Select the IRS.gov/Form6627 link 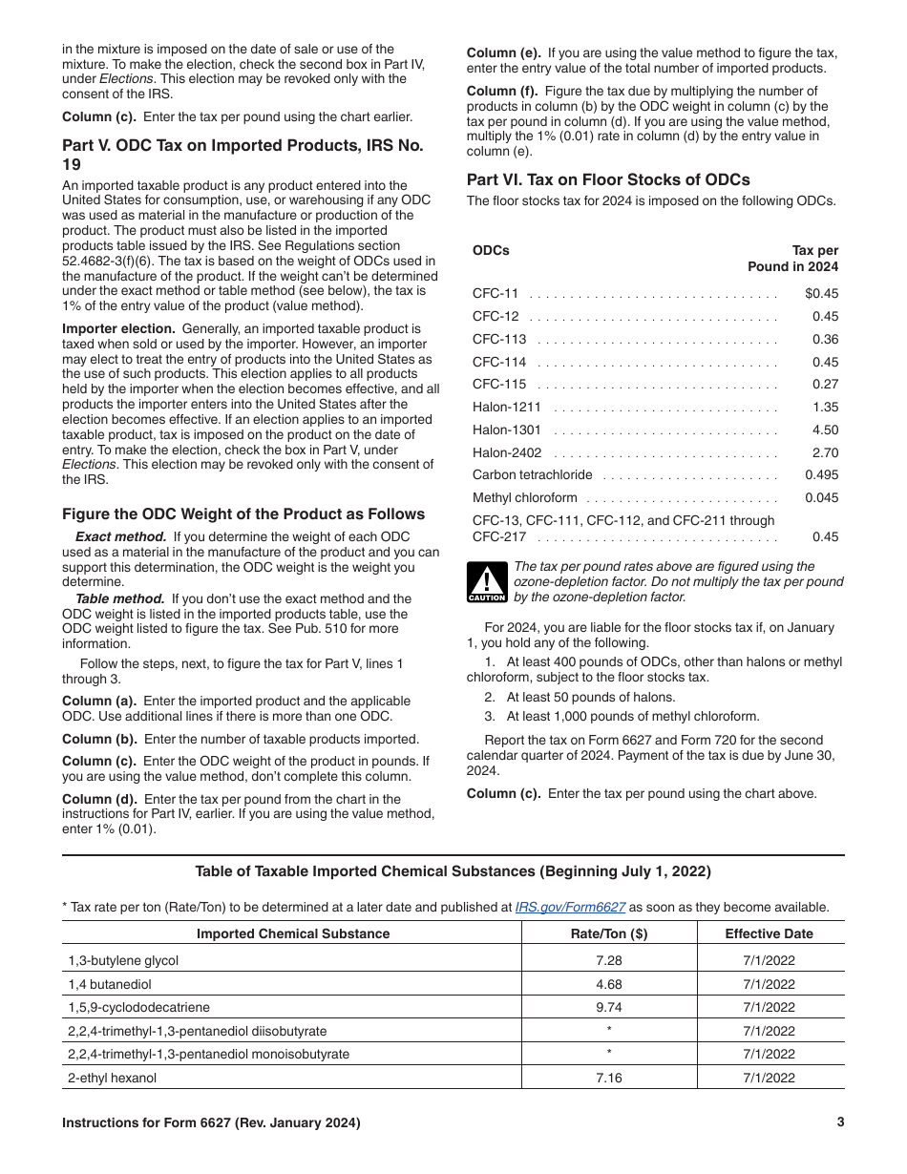point(570,908)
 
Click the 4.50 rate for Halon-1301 point(825,430)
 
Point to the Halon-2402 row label point(507,453)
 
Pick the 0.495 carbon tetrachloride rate point(821,475)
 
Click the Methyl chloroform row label point(525,497)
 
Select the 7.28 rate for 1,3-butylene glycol point(608,961)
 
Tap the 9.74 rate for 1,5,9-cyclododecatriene point(608,1007)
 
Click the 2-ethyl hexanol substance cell point(113,1078)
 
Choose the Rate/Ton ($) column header point(608,934)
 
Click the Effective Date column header point(769,934)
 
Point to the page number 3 point(840,1123)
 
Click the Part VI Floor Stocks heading point(608,179)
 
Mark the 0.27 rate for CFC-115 point(825,385)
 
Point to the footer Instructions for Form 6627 point(211,1123)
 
